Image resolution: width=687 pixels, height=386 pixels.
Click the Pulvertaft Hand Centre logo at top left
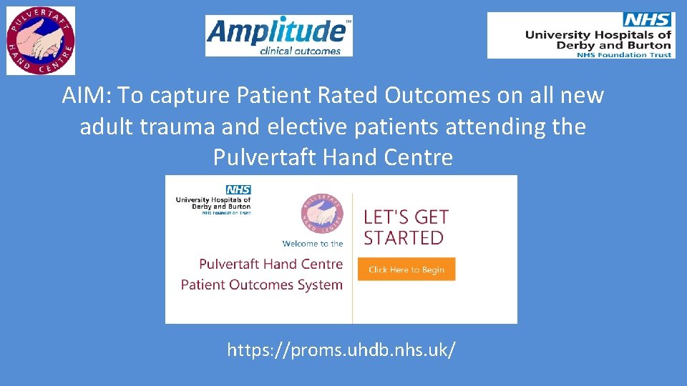pyautogui.click(x=41, y=41)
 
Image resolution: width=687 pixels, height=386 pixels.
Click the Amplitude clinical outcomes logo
pyautogui.click(x=278, y=36)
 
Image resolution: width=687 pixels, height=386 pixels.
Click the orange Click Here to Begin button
pyautogui.click(x=406, y=269)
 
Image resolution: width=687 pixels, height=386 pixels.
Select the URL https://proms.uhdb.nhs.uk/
pyautogui.click(x=341, y=350)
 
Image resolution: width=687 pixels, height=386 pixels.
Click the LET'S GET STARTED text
pyautogui.click(x=406, y=227)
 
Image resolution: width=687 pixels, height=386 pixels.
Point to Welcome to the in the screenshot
pyautogui.click(x=312, y=244)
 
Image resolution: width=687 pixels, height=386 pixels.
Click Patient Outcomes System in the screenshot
pyautogui.click(x=261, y=284)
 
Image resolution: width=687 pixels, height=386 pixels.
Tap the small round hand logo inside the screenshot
pyautogui.click(x=322, y=213)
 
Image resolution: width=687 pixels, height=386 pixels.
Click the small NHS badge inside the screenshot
pyautogui.click(x=238, y=189)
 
